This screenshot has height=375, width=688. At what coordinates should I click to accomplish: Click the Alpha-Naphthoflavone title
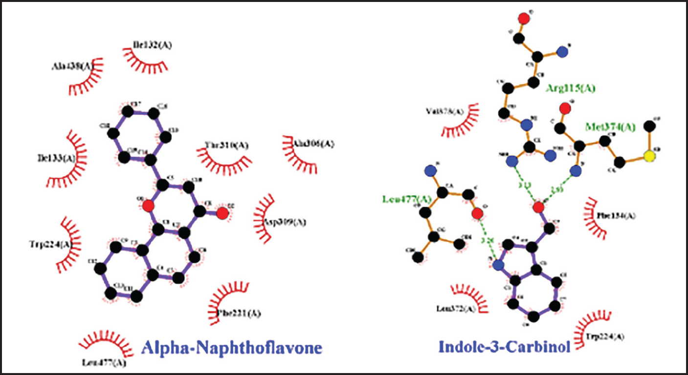[231, 348]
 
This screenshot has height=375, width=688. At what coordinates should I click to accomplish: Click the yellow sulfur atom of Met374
[649, 157]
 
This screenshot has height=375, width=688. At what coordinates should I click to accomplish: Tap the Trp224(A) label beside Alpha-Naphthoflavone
[51, 244]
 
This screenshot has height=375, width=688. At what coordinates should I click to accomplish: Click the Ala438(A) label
[72, 66]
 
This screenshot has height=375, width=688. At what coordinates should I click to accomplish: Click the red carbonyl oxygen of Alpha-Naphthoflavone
[222, 213]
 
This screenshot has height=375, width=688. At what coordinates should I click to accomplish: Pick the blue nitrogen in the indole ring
[498, 266]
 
